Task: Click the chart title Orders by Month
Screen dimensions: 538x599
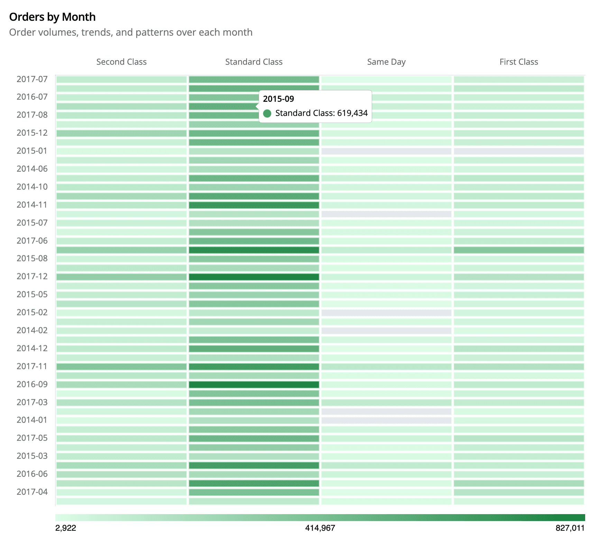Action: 52,17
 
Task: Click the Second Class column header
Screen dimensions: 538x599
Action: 121,62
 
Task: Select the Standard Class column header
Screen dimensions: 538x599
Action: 254,62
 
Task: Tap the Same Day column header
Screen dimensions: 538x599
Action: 386,62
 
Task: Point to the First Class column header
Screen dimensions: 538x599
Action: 519,62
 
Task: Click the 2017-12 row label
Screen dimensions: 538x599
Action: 32,277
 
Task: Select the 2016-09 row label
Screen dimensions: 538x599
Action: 32,384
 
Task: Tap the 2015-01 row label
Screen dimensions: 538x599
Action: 32,151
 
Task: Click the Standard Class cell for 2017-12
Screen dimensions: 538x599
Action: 254,277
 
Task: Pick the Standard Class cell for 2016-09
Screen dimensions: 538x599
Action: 254,385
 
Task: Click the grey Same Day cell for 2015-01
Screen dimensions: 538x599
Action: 386,151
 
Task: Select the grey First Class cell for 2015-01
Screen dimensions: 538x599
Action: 519,151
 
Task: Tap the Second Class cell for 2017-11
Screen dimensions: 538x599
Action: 121,367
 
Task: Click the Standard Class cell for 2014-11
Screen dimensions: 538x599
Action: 254,205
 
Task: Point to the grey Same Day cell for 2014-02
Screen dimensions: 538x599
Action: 386,331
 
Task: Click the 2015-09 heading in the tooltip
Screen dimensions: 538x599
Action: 278,99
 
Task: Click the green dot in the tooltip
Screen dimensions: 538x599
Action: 267,114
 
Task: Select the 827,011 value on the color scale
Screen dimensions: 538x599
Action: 570,528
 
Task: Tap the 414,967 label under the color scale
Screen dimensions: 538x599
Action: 320,528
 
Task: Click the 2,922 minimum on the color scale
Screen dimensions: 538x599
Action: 66,528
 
